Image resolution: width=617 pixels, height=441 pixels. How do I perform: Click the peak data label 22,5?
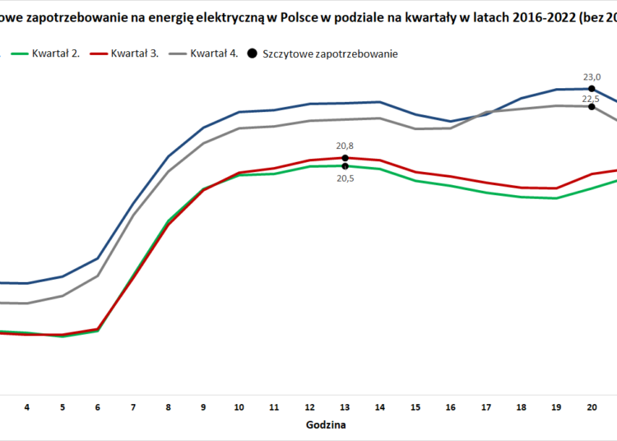coord(591,99)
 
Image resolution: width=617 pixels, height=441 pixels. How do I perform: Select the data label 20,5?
coord(345,178)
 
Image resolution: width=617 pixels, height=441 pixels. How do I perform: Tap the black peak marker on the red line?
coord(346,157)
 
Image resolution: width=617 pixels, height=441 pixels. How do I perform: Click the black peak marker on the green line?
coord(346,166)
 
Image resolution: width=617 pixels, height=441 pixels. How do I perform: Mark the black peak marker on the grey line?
coord(592,106)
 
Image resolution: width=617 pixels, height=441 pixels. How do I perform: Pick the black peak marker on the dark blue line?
coord(592,88)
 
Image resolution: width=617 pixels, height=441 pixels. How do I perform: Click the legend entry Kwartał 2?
coord(56,54)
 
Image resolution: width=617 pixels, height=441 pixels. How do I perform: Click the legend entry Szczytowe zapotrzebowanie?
coord(330,54)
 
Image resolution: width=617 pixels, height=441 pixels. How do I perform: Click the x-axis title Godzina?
coord(326,425)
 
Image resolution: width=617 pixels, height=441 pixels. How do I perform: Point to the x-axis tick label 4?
coord(27,406)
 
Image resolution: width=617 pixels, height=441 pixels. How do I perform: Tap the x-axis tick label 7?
coord(133,406)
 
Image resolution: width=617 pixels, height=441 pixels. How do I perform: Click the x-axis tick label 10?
coord(239,406)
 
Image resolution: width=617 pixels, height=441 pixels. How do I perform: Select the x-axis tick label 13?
coord(346,406)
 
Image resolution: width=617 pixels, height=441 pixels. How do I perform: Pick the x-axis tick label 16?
coord(451,406)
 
